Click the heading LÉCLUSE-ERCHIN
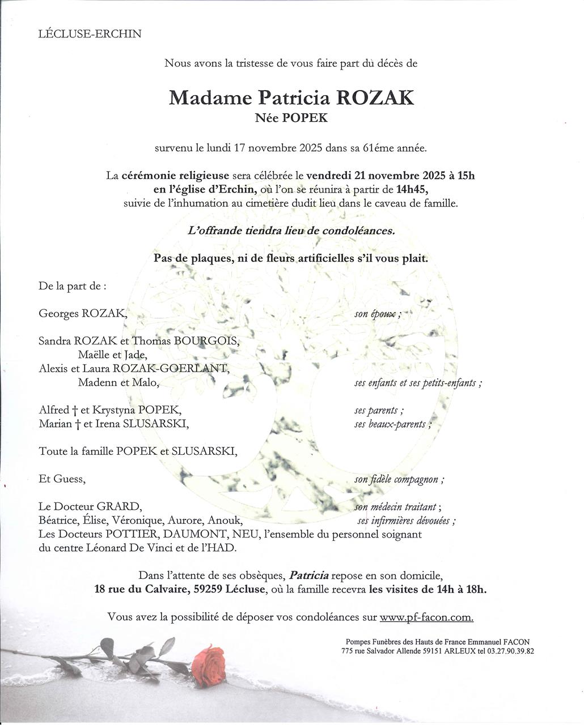point(90,33)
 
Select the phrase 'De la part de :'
point(72,286)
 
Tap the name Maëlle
point(95,355)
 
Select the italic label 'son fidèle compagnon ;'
point(399,480)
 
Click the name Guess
point(69,479)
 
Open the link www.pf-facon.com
point(426,617)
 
